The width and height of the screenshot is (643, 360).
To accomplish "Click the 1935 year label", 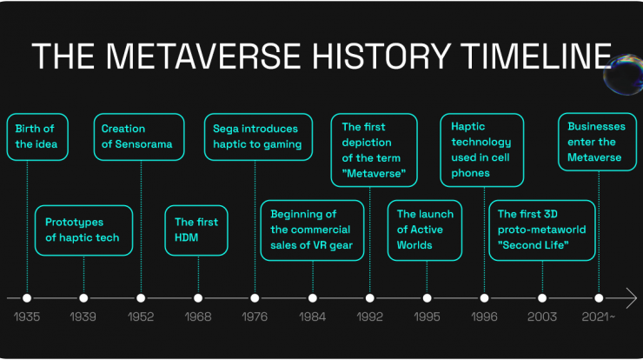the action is pos(27,317).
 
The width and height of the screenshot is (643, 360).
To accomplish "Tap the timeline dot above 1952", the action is pos(141,298).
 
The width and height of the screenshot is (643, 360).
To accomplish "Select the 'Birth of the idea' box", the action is pos(37,137).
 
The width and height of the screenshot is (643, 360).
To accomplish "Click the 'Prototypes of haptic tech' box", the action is pos(83,230).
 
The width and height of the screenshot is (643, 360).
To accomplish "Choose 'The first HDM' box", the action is pos(196,230).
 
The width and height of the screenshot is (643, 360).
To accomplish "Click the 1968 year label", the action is pos(198,317).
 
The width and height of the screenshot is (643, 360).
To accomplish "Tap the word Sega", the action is pos(225,129).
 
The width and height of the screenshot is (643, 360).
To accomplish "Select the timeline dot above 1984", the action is pos(313,298).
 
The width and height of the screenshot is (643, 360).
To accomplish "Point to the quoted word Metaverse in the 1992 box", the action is pos(374,173).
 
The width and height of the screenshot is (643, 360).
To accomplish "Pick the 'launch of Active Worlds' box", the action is pos(425,230).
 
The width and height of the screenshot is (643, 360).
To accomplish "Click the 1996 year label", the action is pos(484,317).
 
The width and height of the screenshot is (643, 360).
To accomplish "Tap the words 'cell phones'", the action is pos(481,165).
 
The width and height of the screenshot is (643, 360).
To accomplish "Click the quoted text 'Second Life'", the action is pos(534,245).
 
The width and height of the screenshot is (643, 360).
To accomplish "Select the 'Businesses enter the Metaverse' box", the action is pos(597,142).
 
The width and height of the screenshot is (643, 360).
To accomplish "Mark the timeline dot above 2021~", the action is pos(599,298).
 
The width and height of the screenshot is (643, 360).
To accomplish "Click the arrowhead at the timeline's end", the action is pos(632,298).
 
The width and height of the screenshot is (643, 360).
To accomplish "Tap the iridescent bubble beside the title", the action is pos(623,75).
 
